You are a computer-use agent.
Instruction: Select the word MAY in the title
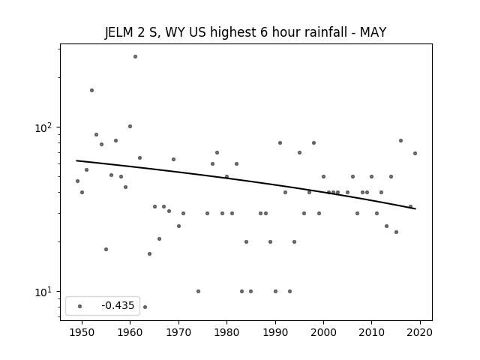click(x=373, y=32)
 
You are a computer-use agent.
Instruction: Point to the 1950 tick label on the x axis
click(x=82, y=332)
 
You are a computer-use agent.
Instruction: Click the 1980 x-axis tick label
click(x=226, y=332)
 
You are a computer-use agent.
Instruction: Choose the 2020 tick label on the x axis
click(x=420, y=332)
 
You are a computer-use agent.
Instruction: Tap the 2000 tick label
click(x=323, y=332)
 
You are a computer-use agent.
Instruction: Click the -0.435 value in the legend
click(x=118, y=305)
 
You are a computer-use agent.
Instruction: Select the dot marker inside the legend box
click(x=80, y=306)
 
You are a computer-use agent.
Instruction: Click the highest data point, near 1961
click(x=135, y=57)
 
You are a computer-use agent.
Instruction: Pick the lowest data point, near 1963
click(x=145, y=307)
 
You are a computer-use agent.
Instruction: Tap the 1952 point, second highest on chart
click(x=91, y=90)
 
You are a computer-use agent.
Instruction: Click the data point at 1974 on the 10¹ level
click(x=198, y=292)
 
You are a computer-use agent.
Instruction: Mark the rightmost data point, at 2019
click(x=415, y=153)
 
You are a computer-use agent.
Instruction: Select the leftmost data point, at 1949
click(x=77, y=181)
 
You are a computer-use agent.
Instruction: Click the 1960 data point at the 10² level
click(x=130, y=127)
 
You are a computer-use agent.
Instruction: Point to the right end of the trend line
click(x=415, y=208)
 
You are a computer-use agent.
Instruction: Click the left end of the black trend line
click(x=76, y=160)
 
